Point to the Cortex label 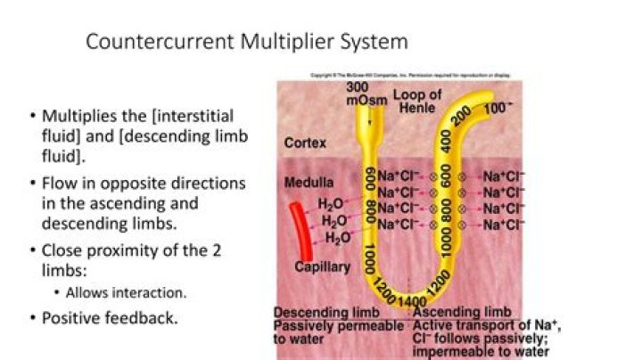tap(305, 143)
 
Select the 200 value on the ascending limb tap(462, 115)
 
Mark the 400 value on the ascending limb tap(445, 141)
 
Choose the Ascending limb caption tap(462, 313)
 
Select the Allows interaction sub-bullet tap(132, 292)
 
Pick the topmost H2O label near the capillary tap(333, 205)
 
